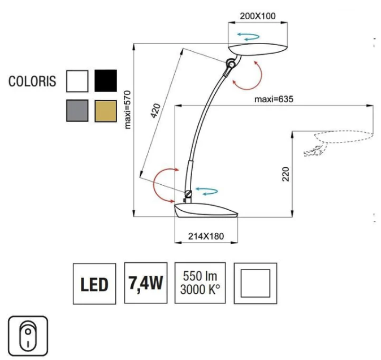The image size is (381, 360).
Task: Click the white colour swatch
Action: pyautogui.click(x=77, y=80)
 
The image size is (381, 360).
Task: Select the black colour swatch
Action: pyautogui.click(x=105, y=80)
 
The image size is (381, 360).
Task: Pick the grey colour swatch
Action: pyautogui.click(x=77, y=111)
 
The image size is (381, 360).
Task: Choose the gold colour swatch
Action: pyautogui.click(x=105, y=111)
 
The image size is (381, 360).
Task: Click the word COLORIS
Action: pyautogui.click(x=32, y=81)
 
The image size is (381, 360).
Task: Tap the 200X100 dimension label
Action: pyautogui.click(x=257, y=16)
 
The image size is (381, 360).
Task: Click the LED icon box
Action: pyautogui.click(x=94, y=284)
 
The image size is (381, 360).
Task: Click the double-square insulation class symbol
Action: pyautogui.click(x=255, y=283)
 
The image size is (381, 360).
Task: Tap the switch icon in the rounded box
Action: pyautogui.click(x=27, y=336)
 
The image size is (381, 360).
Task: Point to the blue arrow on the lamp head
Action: pyautogui.click(x=248, y=37)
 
